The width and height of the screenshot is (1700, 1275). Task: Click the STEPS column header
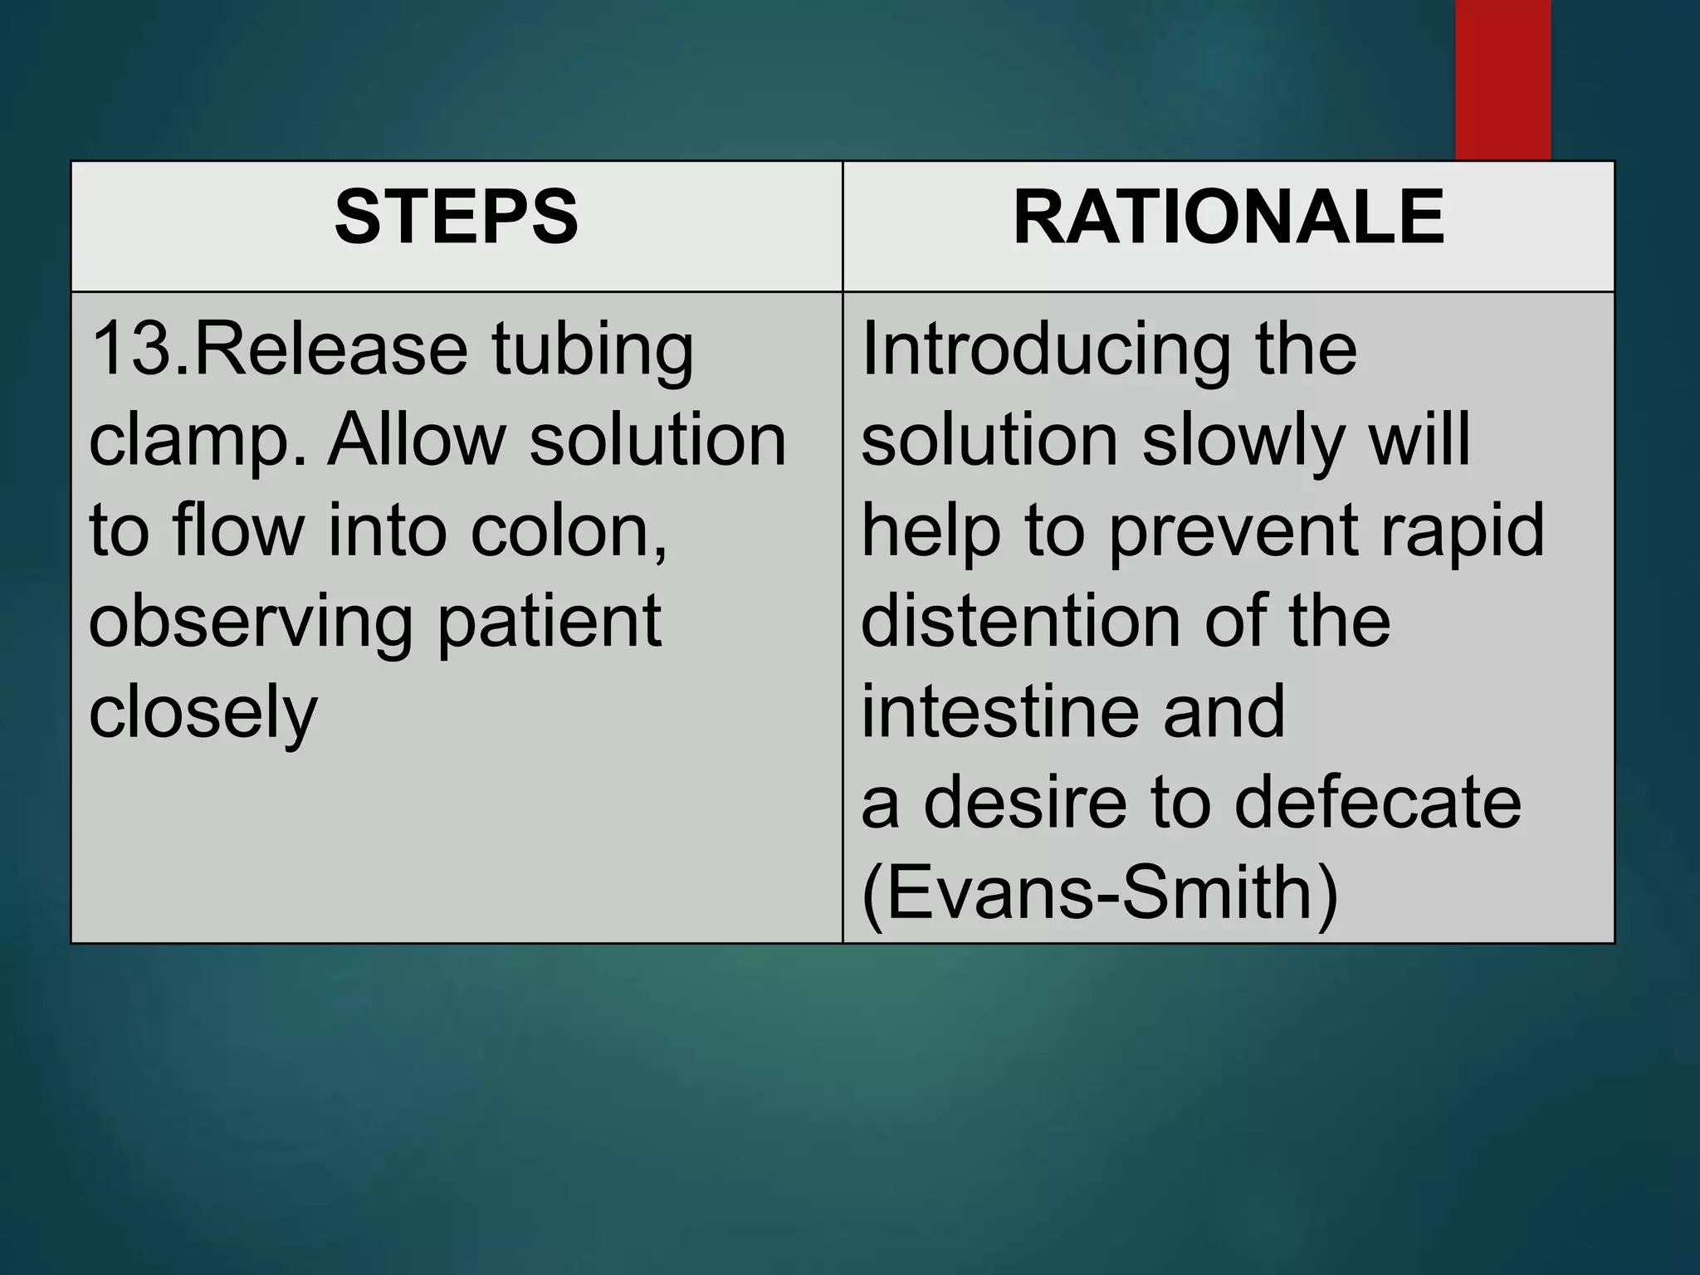pos(456,217)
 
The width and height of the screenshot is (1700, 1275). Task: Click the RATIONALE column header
pos(1229,217)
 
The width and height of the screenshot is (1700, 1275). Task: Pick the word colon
pos(567,531)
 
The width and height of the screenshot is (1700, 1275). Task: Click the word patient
pos(549,623)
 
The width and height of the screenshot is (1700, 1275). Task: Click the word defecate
pos(1378,803)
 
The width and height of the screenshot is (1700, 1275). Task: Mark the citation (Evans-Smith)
pos(1100,893)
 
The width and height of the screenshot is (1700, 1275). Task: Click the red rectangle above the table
pos(1502,79)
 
